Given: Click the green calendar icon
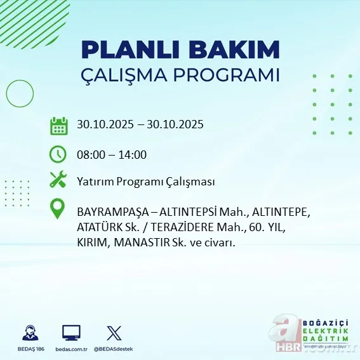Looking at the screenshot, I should [59, 125].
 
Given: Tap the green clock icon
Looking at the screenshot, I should [58, 154].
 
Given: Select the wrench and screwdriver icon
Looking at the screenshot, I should [58, 180].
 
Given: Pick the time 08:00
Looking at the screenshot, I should [90, 154].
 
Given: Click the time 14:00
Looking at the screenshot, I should [133, 154].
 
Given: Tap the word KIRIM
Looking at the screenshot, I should [93, 243].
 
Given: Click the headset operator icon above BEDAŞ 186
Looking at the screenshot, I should [29, 333].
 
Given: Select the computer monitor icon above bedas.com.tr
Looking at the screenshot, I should [71, 333].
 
